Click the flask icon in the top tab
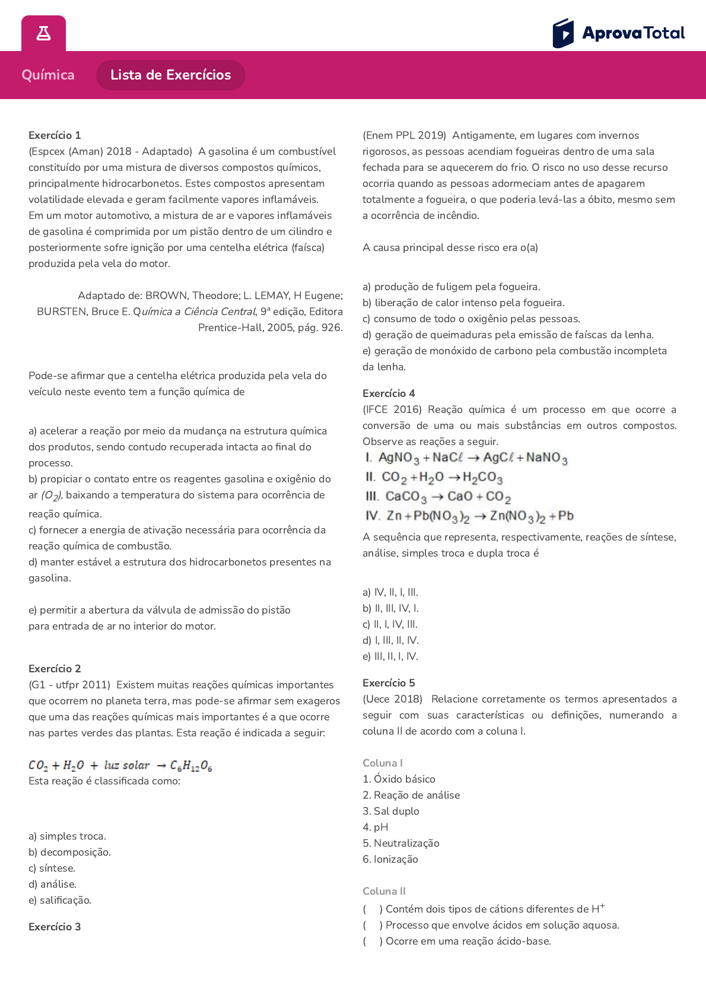point(43,33)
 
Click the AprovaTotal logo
point(619,33)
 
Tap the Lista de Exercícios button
point(170,75)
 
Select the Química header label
point(48,75)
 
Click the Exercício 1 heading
point(55,135)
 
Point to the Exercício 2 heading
point(55,669)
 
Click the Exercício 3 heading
point(55,927)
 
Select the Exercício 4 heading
point(389,393)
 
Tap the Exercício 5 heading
point(389,683)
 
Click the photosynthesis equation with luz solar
point(120,765)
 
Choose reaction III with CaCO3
point(438,497)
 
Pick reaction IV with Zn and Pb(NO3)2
point(469,516)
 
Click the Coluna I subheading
point(383,763)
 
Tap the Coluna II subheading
point(384,891)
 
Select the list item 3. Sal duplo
point(391,811)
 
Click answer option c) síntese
point(52,868)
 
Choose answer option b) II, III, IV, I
point(390,608)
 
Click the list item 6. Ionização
point(390,859)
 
